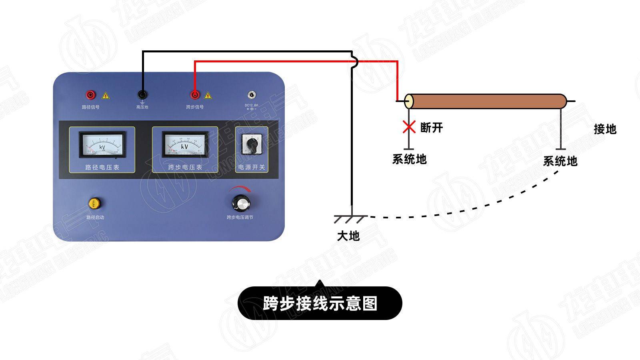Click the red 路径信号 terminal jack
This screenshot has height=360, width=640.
click(x=91, y=95)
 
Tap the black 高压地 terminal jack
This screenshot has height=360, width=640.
click(x=142, y=95)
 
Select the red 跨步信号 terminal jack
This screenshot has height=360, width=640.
click(x=195, y=95)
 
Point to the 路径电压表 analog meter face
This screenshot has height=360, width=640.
click(x=102, y=144)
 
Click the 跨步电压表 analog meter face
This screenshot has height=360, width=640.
click(x=185, y=144)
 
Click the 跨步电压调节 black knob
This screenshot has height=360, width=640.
click(x=241, y=203)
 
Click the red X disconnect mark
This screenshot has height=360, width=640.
click(x=409, y=127)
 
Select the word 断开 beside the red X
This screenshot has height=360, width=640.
click(x=432, y=128)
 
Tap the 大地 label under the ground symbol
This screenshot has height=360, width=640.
click(x=348, y=236)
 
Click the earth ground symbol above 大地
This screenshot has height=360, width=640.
click(x=351, y=219)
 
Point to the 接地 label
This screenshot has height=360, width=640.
click(x=605, y=129)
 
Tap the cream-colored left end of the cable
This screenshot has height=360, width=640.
click(x=409, y=102)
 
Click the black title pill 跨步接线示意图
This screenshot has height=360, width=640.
click(x=320, y=303)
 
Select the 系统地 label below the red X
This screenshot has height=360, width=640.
click(x=409, y=159)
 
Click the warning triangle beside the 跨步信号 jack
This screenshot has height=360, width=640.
click(x=208, y=96)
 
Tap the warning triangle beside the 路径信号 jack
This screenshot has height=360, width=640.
click(x=105, y=96)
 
